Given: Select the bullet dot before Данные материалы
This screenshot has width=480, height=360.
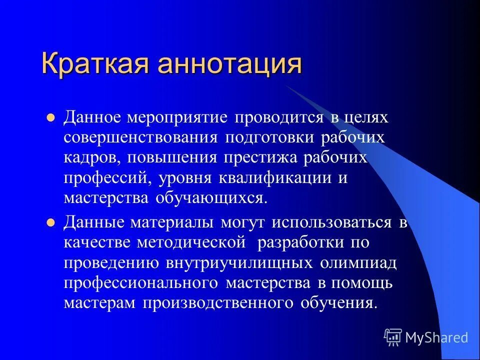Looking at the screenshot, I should tap(50, 223).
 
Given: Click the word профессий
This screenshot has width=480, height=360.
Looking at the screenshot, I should tap(109, 178).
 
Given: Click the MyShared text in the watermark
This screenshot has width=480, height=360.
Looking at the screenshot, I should tap(436, 338).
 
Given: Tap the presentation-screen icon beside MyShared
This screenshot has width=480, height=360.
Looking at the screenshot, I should tap(393, 337).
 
